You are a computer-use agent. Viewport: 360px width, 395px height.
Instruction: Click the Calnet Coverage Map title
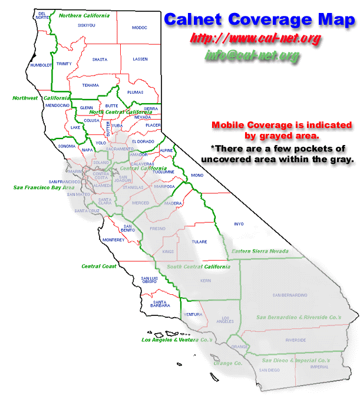pyautogui.click(x=259, y=19)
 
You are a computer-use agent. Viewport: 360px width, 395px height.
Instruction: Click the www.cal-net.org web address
pyautogui.click(x=255, y=39)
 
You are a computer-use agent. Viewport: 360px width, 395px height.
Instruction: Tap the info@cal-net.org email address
pyautogui.click(x=252, y=55)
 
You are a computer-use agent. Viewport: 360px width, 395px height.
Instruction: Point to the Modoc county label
pyautogui.click(x=140, y=27)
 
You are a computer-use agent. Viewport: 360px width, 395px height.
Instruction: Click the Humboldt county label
pyautogui.click(x=41, y=65)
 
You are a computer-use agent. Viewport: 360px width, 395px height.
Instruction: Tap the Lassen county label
pyautogui.click(x=140, y=60)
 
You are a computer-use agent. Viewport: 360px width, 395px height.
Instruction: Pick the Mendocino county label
pyautogui.click(x=57, y=105)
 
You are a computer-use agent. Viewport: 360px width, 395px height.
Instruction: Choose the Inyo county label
pyautogui.click(x=239, y=224)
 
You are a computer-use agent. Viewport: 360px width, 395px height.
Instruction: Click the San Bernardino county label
pyautogui.click(x=289, y=295)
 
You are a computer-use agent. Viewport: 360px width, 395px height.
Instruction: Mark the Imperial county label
pyautogui.click(x=319, y=367)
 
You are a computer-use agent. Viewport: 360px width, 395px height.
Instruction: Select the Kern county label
pyautogui.click(x=205, y=281)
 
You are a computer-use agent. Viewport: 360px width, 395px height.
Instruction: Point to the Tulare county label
pyautogui.click(x=200, y=242)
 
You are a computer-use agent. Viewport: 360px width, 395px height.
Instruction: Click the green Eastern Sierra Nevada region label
pyautogui.click(x=260, y=252)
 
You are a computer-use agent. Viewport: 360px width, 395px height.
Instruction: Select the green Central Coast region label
pyautogui.click(x=99, y=266)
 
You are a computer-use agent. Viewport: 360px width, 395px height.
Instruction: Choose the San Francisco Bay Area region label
pyautogui.click(x=37, y=187)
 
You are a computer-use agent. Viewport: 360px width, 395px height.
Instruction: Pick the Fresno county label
pyautogui.click(x=158, y=228)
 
